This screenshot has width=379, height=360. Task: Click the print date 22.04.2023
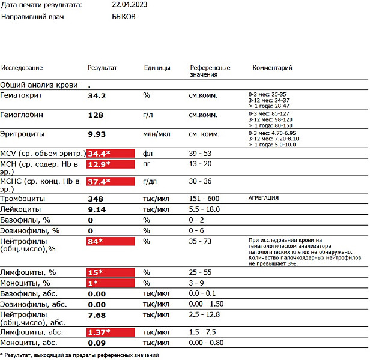click(129, 5)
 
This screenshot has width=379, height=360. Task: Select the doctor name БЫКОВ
click(124, 17)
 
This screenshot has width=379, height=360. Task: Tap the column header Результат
click(103, 68)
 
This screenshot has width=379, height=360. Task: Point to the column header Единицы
click(157, 68)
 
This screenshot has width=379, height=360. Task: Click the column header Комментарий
click(272, 68)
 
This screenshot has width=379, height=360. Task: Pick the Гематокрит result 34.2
click(97, 95)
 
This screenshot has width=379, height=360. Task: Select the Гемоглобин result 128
click(96, 115)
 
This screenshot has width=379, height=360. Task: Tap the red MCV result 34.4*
click(100, 154)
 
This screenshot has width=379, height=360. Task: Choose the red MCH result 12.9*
click(100, 164)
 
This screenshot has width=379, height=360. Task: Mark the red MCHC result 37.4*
click(100, 181)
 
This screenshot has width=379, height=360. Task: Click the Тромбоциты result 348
click(96, 199)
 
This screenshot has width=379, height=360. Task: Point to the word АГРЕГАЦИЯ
click(264, 198)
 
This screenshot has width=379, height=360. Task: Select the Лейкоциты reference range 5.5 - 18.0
click(204, 209)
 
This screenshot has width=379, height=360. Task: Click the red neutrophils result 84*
click(96, 242)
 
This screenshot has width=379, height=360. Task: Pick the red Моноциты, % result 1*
click(94, 283)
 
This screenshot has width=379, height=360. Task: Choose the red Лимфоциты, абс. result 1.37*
click(100, 332)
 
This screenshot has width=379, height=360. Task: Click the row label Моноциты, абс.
click(29, 343)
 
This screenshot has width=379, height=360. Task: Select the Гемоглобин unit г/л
click(148, 115)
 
